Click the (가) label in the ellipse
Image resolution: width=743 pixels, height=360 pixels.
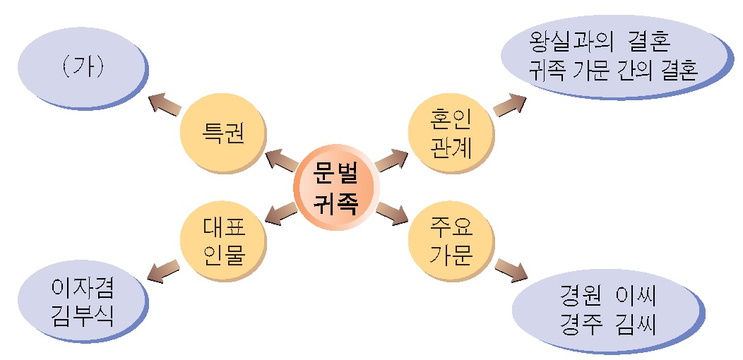83,67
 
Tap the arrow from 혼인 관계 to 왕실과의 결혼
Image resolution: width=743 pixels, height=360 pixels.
510,104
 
